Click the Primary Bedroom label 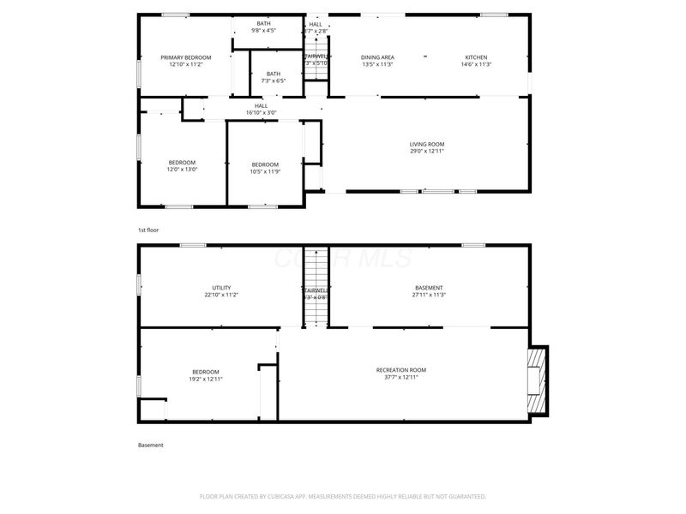pos(186,57)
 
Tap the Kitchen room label pos(476,57)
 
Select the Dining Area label pos(377,57)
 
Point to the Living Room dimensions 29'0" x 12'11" pos(427,151)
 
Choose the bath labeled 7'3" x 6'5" pos(273,77)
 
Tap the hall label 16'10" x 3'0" pos(261,109)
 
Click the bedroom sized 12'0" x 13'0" pos(182,166)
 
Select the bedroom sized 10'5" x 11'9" pos(265,168)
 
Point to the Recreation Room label pos(400,370)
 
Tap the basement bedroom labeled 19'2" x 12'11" pos(206,374)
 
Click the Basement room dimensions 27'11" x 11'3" pos(429,295)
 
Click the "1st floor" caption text pos(148,230)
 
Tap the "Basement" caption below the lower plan pos(150,445)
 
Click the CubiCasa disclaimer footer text pos(343,496)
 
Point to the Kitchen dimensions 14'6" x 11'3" pos(476,64)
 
